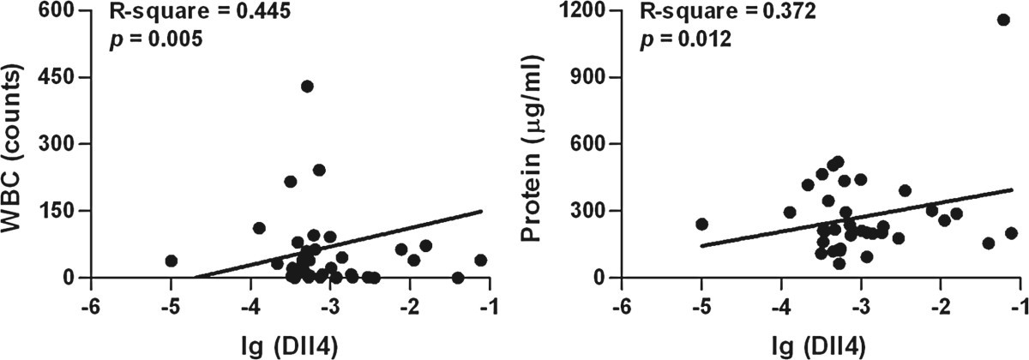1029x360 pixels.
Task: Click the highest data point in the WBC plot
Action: [307, 86]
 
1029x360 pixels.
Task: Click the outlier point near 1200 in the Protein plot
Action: [1003, 20]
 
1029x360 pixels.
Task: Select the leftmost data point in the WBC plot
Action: [171, 261]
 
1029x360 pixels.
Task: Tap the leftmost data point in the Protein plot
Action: [701, 224]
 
